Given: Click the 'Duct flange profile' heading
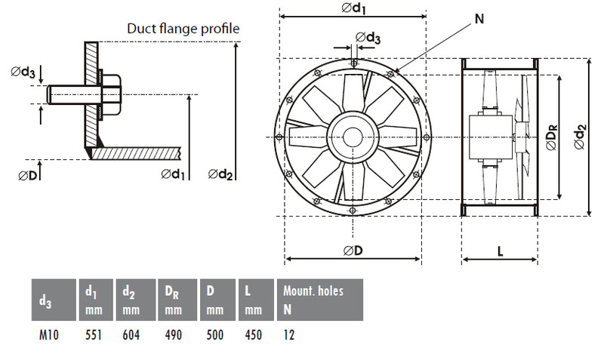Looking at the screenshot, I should pos(183,29).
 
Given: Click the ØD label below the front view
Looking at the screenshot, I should pos(353,250).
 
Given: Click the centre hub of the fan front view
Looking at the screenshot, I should pos(352,137).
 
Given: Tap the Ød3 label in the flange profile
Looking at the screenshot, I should pos(23,72).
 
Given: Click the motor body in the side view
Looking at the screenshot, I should pos(487,138).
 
